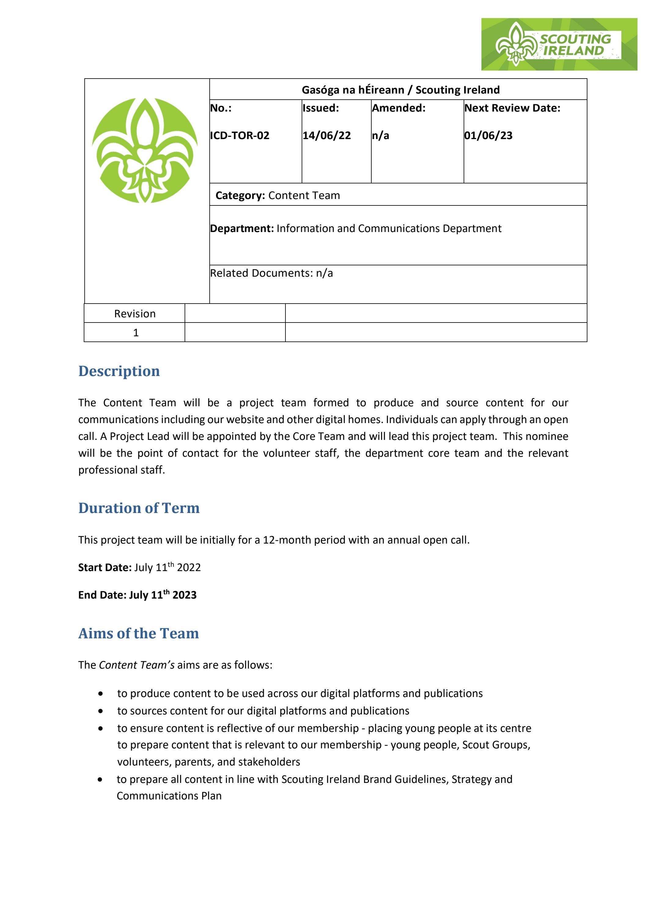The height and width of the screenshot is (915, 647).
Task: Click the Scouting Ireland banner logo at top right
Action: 559,44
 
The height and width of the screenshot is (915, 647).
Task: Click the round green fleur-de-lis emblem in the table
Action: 145,150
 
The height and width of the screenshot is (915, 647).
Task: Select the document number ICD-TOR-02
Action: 239,135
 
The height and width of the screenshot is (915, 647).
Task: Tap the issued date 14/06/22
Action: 326,135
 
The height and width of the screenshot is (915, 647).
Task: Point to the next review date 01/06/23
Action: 488,135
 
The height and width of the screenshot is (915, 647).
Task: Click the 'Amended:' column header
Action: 399,108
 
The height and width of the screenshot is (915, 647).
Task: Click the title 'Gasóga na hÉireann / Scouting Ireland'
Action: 400,90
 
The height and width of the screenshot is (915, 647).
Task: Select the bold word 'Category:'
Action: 240,195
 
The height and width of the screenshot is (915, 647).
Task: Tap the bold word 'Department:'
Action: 242,228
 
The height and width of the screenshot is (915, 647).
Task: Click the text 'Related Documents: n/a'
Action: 271,273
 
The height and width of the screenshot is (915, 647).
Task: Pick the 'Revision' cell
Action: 135,314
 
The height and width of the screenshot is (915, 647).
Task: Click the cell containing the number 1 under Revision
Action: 135,332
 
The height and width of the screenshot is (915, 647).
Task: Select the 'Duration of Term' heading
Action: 139,508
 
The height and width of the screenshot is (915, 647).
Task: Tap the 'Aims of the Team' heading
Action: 138,633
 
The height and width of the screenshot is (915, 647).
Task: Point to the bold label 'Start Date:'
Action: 105,567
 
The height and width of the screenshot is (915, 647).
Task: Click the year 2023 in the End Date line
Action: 185,595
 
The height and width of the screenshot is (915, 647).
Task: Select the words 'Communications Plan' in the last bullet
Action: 169,796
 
